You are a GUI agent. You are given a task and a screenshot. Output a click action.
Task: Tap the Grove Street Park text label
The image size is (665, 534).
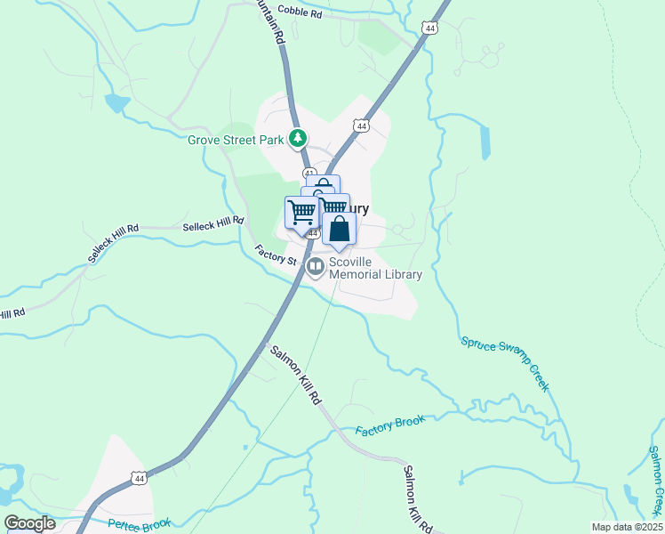point(236,139)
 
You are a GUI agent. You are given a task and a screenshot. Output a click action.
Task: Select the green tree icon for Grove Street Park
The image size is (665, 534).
point(300,139)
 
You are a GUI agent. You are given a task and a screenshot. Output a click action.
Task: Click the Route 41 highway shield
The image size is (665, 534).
point(309,172)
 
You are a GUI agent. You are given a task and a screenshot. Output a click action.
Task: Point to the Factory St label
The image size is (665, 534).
point(275,255)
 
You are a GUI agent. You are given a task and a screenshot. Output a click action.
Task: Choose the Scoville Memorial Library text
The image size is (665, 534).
point(375,268)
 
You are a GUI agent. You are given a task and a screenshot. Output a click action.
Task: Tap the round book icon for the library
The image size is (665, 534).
point(315,266)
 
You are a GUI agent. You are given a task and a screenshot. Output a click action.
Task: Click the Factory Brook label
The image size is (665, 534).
point(390,425)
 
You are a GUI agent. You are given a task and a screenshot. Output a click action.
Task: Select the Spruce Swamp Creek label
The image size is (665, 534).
point(505,363)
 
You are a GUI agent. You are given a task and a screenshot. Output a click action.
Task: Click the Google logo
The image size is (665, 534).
point(29,523)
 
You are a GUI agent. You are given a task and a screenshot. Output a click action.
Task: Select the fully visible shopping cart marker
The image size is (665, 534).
point(302,214)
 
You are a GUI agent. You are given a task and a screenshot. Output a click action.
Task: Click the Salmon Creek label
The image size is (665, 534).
point(654,481)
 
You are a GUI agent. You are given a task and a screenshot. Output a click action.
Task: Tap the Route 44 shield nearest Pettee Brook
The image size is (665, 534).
point(138,479)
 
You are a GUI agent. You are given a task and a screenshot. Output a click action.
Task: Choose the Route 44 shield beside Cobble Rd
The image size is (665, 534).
point(430,28)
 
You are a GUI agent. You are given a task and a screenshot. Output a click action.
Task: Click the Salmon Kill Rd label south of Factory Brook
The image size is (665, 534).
point(417,498)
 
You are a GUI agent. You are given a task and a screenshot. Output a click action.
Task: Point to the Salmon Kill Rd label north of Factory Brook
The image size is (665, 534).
point(295,376)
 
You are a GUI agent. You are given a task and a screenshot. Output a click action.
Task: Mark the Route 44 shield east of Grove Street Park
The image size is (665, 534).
point(361,126)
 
